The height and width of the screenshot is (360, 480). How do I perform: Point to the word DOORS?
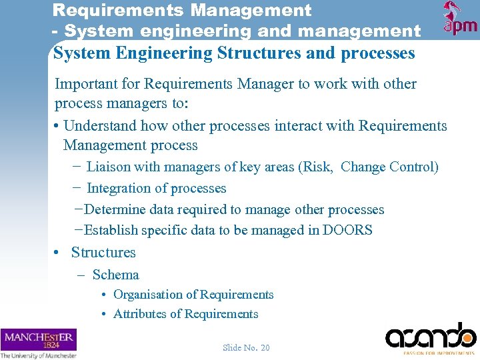click(347, 230)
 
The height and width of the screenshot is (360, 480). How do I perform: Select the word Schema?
click(116, 275)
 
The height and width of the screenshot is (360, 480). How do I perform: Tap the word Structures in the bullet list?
click(103, 252)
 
